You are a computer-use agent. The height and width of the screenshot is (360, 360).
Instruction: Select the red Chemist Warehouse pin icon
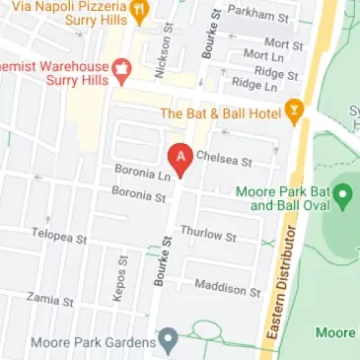tap(122, 68)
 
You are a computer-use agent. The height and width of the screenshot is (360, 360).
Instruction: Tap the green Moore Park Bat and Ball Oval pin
tap(342, 194)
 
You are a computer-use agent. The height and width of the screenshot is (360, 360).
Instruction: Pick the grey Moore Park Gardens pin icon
tap(168, 342)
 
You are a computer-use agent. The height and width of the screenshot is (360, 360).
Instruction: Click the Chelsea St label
tap(224, 157)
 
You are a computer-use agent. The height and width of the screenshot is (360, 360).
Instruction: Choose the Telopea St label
tap(59, 237)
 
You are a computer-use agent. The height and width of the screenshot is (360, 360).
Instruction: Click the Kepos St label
tap(123, 278)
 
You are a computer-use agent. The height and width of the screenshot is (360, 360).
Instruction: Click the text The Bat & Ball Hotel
tap(221, 112)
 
